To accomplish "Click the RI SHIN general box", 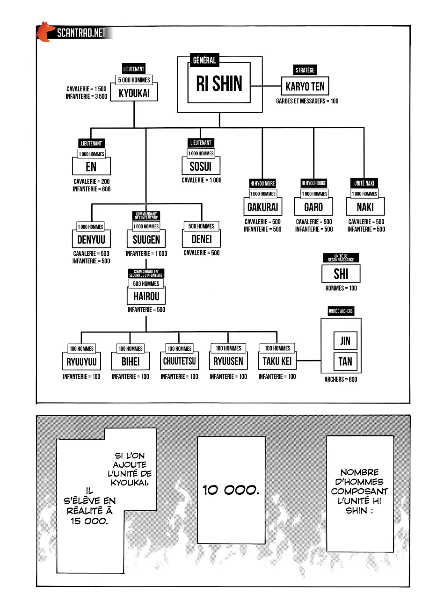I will coord(219,83).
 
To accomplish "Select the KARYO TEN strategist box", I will coord(305,87).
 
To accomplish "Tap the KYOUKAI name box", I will coord(134,92).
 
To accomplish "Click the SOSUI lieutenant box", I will coord(201,166).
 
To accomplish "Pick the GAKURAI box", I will coord(262,207).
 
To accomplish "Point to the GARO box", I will coord(313,207).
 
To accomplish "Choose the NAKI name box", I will coord(365,207).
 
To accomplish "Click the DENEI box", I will coord(201,239).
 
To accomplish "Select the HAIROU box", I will coord(146,296).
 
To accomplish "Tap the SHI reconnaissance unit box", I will coord(341,274).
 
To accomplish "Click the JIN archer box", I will coord(345,341).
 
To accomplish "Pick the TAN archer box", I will coord(345,361).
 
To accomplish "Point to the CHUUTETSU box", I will coord(179,361).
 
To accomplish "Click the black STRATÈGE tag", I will coord(305,70).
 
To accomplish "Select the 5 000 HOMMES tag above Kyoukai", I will coord(134,80).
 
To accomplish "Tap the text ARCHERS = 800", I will coord(341,379).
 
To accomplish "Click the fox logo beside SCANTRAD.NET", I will coord(44,32).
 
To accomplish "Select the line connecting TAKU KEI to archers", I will coord(309,361).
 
